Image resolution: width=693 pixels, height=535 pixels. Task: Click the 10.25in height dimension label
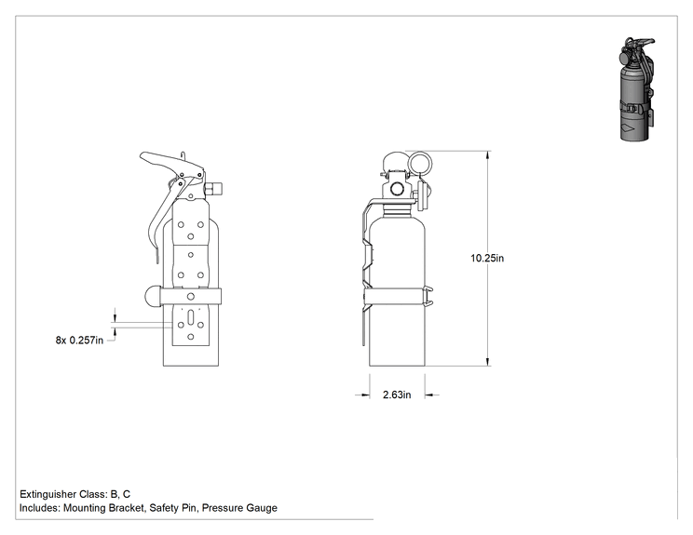point(486,258)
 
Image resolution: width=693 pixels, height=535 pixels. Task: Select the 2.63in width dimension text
point(397,395)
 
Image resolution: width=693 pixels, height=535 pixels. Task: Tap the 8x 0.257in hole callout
point(79,340)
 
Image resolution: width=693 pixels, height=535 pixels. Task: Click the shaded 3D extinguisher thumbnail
point(636,89)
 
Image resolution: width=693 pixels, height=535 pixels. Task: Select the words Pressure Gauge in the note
point(239,508)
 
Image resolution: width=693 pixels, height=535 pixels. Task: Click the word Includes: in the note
point(40,508)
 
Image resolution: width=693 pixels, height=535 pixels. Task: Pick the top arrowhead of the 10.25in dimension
point(488,155)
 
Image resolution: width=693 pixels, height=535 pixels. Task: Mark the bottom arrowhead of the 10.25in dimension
point(488,361)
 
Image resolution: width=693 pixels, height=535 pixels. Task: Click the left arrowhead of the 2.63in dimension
point(365,395)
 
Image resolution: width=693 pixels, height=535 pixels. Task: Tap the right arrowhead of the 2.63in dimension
point(429,395)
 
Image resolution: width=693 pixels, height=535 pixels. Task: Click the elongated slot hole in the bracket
point(191,318)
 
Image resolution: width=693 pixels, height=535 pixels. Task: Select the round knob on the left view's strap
point(152,296)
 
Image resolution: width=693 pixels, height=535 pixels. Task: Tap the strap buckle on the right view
point(428,296)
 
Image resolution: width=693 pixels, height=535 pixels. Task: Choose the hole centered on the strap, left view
point(191,296)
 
